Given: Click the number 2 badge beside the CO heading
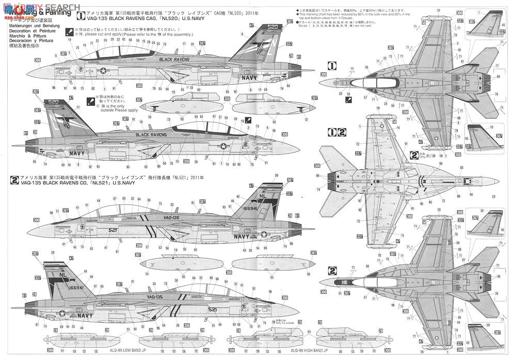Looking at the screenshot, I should (15, 180).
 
